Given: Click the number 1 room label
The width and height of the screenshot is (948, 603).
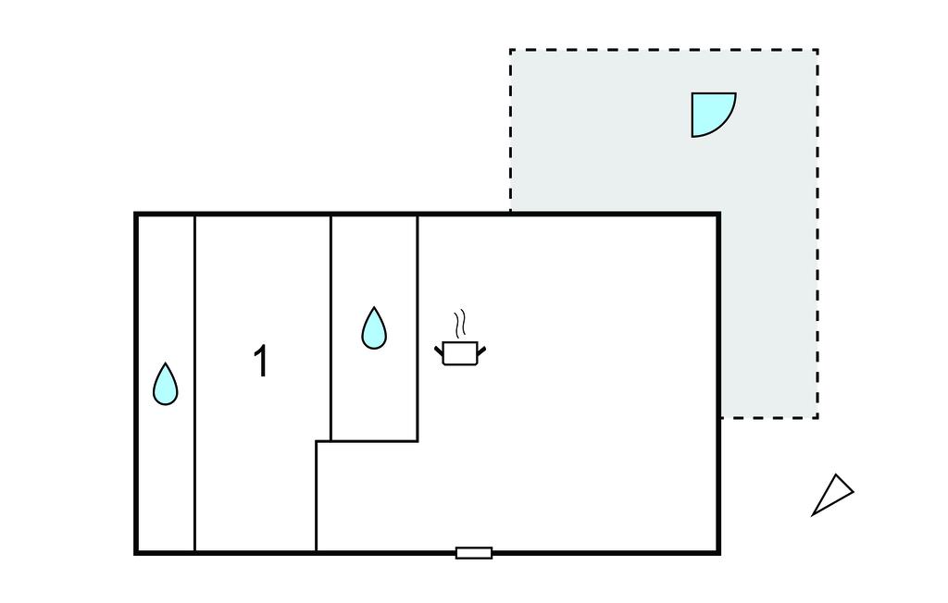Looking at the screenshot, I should click(x=262, y=362).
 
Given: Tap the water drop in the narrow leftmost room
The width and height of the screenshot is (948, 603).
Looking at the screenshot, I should click(x=166, y=386).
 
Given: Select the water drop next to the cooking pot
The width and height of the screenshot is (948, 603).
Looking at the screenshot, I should click(x=373, y=330).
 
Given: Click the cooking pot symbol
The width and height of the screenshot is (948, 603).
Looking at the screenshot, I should click(x=460, y=352).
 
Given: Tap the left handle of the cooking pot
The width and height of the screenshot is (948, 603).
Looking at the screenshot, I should click(x=439, y=349).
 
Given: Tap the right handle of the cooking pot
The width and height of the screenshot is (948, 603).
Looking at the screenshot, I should click(x=481, y=349).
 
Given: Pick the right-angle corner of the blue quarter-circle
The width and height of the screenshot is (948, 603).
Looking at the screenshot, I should click(x=693, y=94).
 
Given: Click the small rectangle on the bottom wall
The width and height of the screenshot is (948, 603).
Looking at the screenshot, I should click(x=473, y=553).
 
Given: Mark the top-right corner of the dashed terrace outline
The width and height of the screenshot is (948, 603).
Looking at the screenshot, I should click(x=817, y=50).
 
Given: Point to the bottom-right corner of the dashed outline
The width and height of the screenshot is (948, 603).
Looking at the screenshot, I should click(x=817, y=417).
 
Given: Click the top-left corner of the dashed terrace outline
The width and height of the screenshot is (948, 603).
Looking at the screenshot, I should click(x=510, y=50).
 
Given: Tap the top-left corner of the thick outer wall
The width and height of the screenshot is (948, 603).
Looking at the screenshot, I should click(x=137, y=215).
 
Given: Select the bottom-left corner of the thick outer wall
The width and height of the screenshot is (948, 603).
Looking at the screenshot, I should click(x=137, y=552).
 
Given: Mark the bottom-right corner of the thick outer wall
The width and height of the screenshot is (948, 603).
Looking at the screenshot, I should click(x=718, y=552).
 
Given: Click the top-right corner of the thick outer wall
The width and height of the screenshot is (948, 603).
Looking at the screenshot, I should click(x=718, y=215).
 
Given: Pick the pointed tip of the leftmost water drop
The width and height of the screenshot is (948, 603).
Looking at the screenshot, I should click(x=166, y=364).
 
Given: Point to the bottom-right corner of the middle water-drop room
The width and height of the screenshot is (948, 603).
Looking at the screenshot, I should click(x=417, y=440).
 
